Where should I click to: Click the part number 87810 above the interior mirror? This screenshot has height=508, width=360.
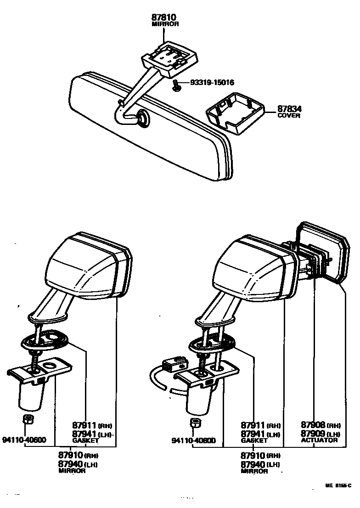[x=165, y=17]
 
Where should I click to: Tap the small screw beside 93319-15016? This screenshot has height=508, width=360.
[x=176, y=85]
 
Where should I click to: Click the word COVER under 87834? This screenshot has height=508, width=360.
[x=289, y=116]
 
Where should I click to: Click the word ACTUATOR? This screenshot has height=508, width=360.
[x=319, y=440]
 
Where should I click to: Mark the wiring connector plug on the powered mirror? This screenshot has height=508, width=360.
[x=174, y=363]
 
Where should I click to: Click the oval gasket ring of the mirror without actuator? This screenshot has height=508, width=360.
[x=44, y=340]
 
